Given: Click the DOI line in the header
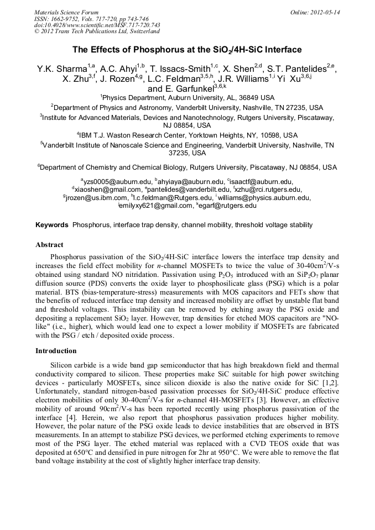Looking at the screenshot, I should pyautogui.click(x=97, y=25).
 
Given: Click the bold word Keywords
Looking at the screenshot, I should pyautogui.click(x=52, y=225).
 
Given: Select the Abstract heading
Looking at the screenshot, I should pyautogui.click(x=49, y=244).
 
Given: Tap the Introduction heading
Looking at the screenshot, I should pyautogui.click(x=56, y=351).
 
